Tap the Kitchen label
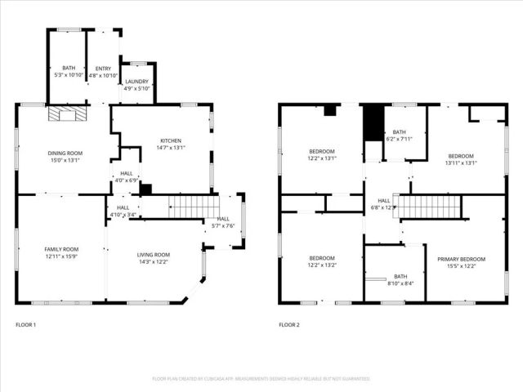pos(170,144)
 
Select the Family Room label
pos(61,252)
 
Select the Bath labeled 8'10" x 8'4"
pos(400,280)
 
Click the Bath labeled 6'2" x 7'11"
pos(399,136)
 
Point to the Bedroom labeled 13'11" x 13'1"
pos(460,159)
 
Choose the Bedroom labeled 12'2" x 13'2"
pos(321,262)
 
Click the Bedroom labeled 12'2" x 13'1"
pos(321,154)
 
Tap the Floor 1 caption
pos(26,325)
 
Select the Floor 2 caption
pos(289,325)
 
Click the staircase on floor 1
pos(193,206)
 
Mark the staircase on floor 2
pos(428,206)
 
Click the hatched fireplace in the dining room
pos(65,115)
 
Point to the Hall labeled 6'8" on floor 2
pos(384,203)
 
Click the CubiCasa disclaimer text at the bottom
pos(261,379)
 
